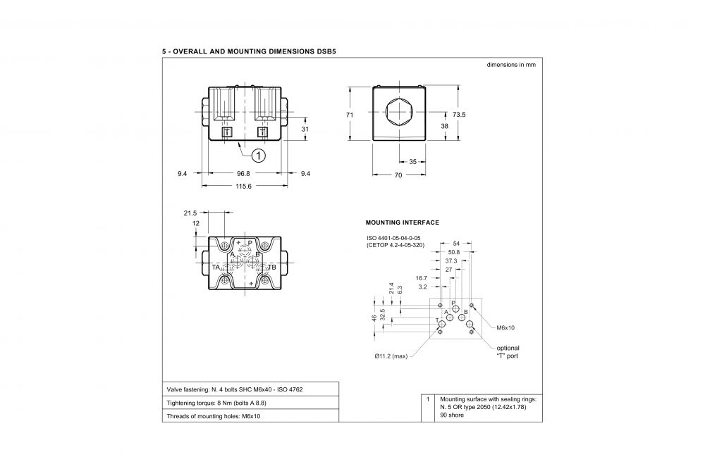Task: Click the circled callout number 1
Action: pyautogui.click(x=259, y=156)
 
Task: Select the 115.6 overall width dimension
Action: pyautogui.click(x=244, y=187)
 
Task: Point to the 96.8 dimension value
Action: pyautogui.click(x=243, y=173)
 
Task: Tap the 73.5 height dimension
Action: pyautogui.click(x=459, y=115)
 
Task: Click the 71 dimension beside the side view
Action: pyautogui.click(x=350, y=115)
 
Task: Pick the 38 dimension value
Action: pyautogui.click(x=444, y=126)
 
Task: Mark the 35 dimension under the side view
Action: pyautogui.click(x=412, y=162)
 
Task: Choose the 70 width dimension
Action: pyautogui.click(x=398, y=175)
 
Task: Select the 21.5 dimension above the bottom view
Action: pyautogui.click(x=190, y=213)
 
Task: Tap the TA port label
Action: pyautogui.click(x=216, y=268)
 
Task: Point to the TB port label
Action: pyautogui.click(x=272, y=268)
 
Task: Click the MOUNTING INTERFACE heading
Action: pyautogui.click(x=403, y=222)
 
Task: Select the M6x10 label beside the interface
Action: pyautogui.click(x=505, y=328)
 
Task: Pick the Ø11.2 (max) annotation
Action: pyautogui.click(x=391, y=356)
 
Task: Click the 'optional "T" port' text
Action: pyautogui.click(x=508, y=352)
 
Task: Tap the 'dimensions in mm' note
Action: pyautogui.click(x=511, y=65)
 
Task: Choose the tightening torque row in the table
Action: pyautogui.click(x=216, y=403)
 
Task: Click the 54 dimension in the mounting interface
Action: pyautogui.click(x=456, y=244)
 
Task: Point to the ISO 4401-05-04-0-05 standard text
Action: pyautogui.click(x=393, y=238)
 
